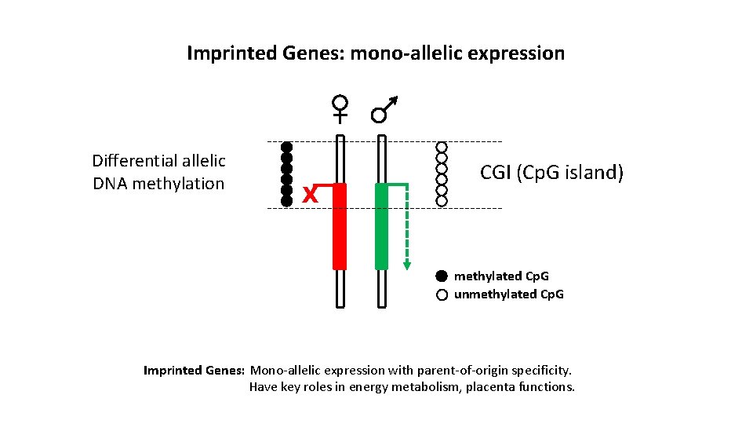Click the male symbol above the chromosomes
point(383,111)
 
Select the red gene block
point(340,227)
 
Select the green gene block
point(382,227)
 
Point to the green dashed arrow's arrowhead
point(406,265)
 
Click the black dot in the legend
point(441,276)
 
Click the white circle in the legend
point(441,294)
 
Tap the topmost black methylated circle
point(287,147)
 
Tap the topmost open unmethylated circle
point(442,147)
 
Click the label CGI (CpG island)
point(551,172)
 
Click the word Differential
point(134,161)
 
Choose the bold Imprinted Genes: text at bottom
point(195,370)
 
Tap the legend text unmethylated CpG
point(508,294)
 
